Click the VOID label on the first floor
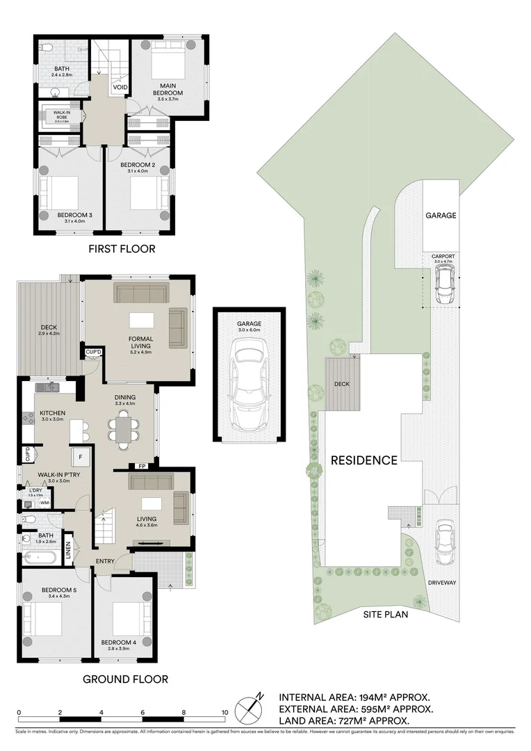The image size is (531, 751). (x=120, y=87)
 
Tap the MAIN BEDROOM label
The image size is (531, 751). (x=169, y=88)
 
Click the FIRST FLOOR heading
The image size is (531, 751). (x=122, y=248)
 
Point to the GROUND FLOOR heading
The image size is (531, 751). (x=125, y=679)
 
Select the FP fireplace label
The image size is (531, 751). (x=142, y=466)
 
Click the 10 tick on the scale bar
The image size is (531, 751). (x=224, y=713)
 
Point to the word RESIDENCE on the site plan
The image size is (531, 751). (x=363, y=460)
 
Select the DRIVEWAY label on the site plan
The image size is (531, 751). (x=441, y=583)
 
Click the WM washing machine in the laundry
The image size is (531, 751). (x=44, y=502)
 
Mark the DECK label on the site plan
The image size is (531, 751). (x=341, y=383)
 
